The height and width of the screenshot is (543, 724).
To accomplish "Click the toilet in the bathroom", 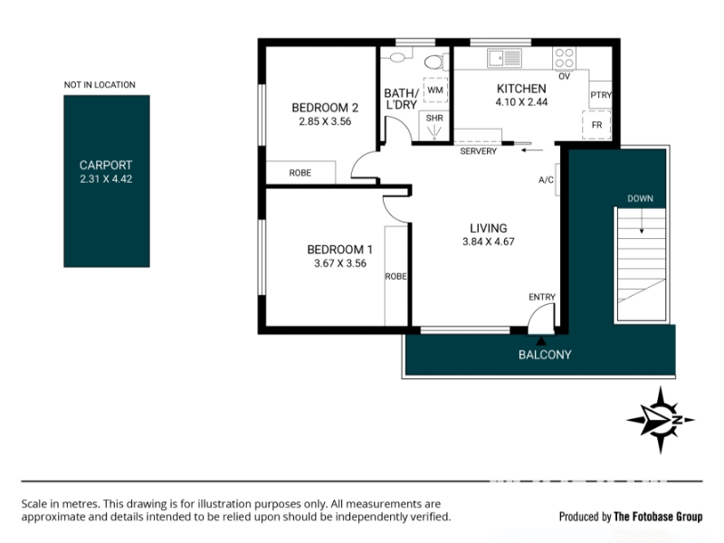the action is pyautogui.click(x=436, y=62).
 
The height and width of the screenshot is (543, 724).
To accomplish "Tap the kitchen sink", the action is pyautogui.click(x=505, y=58).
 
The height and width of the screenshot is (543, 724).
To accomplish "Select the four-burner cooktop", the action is pyautogui.click(x=564, y=58).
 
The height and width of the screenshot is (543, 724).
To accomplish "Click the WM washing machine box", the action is pyautogui.click(x=435, y=90).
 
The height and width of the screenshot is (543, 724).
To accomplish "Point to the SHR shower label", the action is pyautogui.click(x=434, y=119).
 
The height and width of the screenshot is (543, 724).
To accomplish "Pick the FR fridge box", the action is pyautogui.click(x=596, y=125).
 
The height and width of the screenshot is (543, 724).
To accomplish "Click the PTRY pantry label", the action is pyautogui.click(x=601, y=95).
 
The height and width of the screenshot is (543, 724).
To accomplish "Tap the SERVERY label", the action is pyautogui.click(x=479, y=151).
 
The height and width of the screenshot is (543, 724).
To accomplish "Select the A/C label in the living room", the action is pyautogui.click(x=546, y=179).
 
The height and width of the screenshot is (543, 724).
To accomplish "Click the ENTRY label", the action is pyautogui.click(x=542, y=297).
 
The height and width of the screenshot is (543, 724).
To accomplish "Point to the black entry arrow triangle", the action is pyautogui.click(x=541, y=341).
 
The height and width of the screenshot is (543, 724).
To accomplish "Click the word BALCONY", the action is pyautogui.click(x=545, y=355).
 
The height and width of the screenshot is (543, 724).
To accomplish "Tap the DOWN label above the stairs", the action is pyautogui.click(x=640, y=198).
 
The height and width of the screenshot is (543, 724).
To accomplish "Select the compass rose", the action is pyautogui.click(x=661, y=420).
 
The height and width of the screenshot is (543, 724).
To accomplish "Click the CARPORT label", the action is pyautogui.click(x=106, y=165).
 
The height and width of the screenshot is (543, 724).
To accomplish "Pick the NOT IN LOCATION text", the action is pyautogui.click(x=100, y=85).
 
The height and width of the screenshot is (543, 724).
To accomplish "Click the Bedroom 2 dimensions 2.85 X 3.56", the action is pyautogui.click(x=325, y=121).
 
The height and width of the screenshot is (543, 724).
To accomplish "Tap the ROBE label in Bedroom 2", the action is pyautogui.click(x=300, y=173).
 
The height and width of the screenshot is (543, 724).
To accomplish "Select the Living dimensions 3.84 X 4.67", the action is pyautogui.click(x=489, y=242).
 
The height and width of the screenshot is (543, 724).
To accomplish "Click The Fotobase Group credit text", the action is pyautogui.click(x=658, y=517).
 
